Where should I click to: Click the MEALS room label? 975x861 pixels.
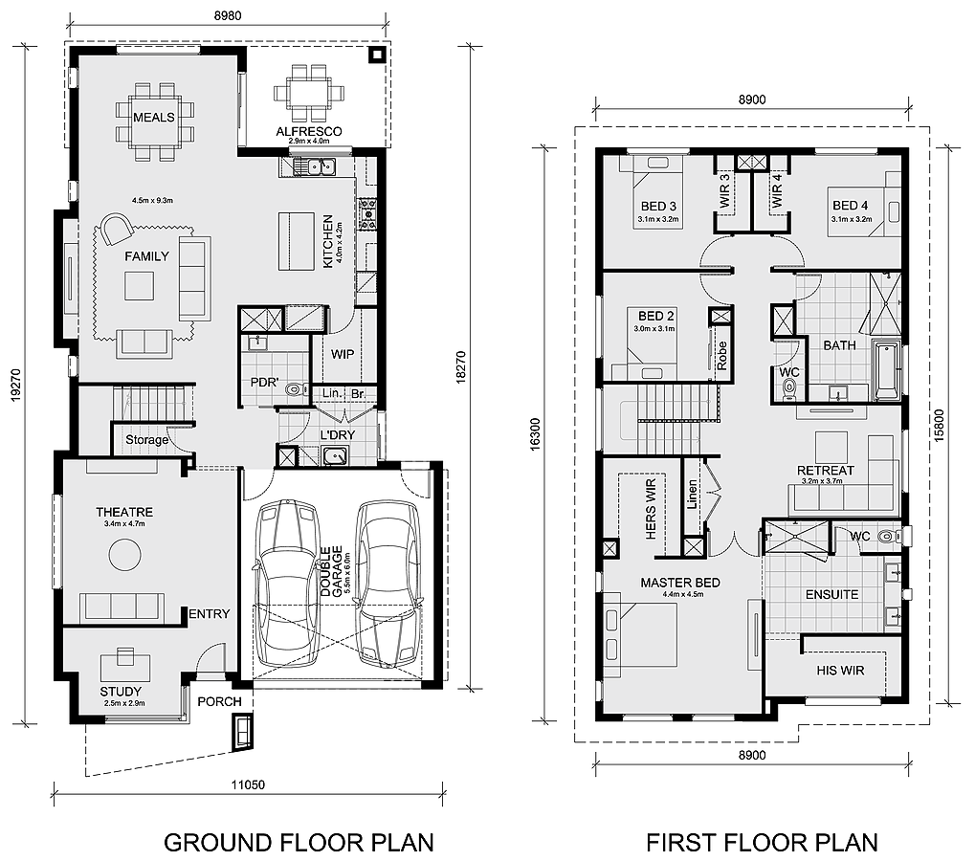(x=154, y=117)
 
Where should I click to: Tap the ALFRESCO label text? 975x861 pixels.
(x=309, y=131)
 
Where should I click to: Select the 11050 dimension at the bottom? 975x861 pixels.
(x=248, y=784)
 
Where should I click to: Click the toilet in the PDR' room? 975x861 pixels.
(x=295, y=388)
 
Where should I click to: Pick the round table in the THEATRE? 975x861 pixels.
(x=124, y=553)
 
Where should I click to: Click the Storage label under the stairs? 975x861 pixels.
(x=146, y=440)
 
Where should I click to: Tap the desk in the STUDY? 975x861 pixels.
(x=124, y=657)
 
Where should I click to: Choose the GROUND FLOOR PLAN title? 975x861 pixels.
(x=299, y=842)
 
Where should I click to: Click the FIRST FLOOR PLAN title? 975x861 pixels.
(x=762, y=842)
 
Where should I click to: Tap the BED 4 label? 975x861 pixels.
(x=851, y=206)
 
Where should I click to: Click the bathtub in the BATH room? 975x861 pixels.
(x=886, y=370)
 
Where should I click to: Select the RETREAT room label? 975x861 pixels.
(x=825, y=470)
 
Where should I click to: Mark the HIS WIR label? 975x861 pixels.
(x=840, y=671)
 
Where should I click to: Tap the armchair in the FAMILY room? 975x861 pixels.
(x=118, y=229)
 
